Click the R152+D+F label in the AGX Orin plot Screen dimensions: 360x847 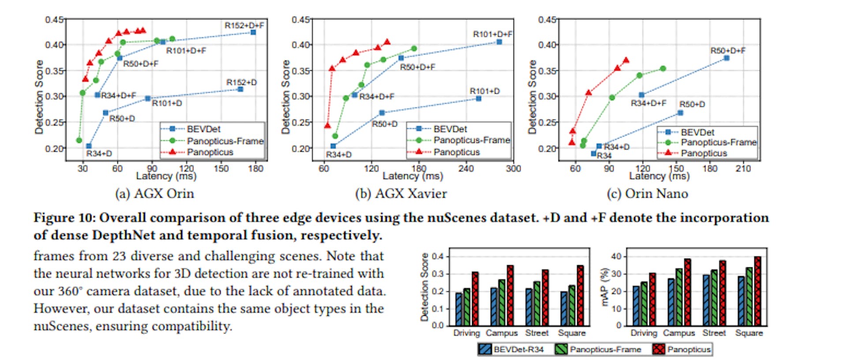pos(244,26)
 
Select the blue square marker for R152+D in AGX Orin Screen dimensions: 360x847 pos(240,89)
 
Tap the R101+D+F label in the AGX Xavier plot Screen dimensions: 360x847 pos(492,34)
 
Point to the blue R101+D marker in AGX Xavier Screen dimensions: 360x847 pos(479,98)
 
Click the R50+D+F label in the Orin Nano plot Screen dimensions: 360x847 pos(728,51)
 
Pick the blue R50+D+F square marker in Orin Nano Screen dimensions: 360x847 pos(727,58)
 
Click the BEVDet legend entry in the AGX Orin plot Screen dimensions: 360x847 pos(203,129)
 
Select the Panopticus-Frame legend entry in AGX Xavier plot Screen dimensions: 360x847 pos(471,140)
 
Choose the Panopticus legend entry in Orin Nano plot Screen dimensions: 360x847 pos(704,153)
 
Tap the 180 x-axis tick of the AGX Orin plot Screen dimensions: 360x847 pos(255,169)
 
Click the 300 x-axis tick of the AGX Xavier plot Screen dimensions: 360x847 pos(513,169)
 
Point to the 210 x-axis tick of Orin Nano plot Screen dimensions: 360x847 pos(743,169)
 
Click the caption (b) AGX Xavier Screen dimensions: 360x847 pos(401,194)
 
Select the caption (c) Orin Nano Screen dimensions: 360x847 pos(647,194)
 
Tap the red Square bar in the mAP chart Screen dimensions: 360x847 pos(757,291)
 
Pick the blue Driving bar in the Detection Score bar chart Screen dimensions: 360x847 pos(459,309)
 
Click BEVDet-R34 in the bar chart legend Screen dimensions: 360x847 pos(518,349)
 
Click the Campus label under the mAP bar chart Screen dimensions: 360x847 pos(678,333)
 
